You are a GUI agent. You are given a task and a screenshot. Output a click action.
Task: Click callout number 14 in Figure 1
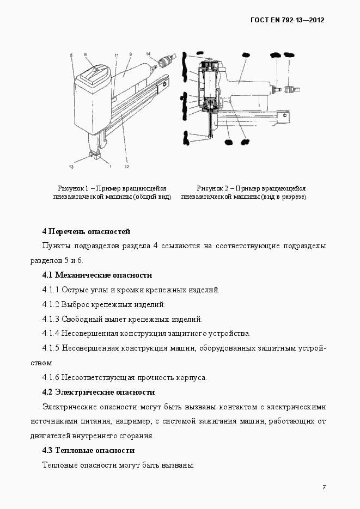click(x=148, y=53)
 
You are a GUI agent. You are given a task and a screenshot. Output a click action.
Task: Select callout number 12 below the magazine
click(x=127, y=167)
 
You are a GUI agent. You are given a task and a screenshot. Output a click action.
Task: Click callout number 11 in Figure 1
click(x=116, y=56)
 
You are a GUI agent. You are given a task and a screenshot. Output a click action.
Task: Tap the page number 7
click(x=324, y=487)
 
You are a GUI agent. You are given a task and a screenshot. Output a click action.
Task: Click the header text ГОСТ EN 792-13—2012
click(x=287, y=20)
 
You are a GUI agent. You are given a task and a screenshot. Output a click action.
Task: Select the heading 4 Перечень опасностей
click(x=86, y=231)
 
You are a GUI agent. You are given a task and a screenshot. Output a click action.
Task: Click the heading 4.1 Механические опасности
click(x=97, y=275)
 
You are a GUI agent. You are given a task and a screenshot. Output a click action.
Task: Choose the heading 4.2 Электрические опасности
click(x=98, y=392)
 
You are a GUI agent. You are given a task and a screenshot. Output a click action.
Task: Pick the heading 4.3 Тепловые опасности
click(x=88, y=451)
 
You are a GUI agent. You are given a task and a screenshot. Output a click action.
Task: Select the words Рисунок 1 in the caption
click(x=72, y=188)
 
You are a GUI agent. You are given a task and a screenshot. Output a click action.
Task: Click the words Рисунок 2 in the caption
click(x=211, y=188)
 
